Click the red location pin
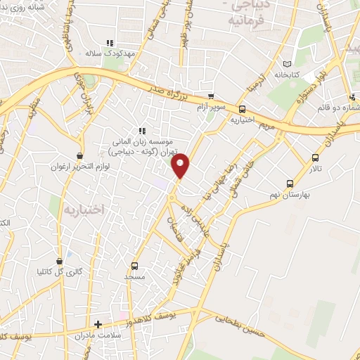point(181,165)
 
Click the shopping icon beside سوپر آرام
point(211,96)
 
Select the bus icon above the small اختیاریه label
point(243,109)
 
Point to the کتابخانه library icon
point(285,63)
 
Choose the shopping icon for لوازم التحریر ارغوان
point(81,155)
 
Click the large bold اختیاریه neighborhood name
point(83,209)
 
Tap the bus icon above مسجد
point(134,266)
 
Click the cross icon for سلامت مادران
point(98,325)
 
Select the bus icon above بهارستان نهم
point(289,184)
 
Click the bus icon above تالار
point(314,157)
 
